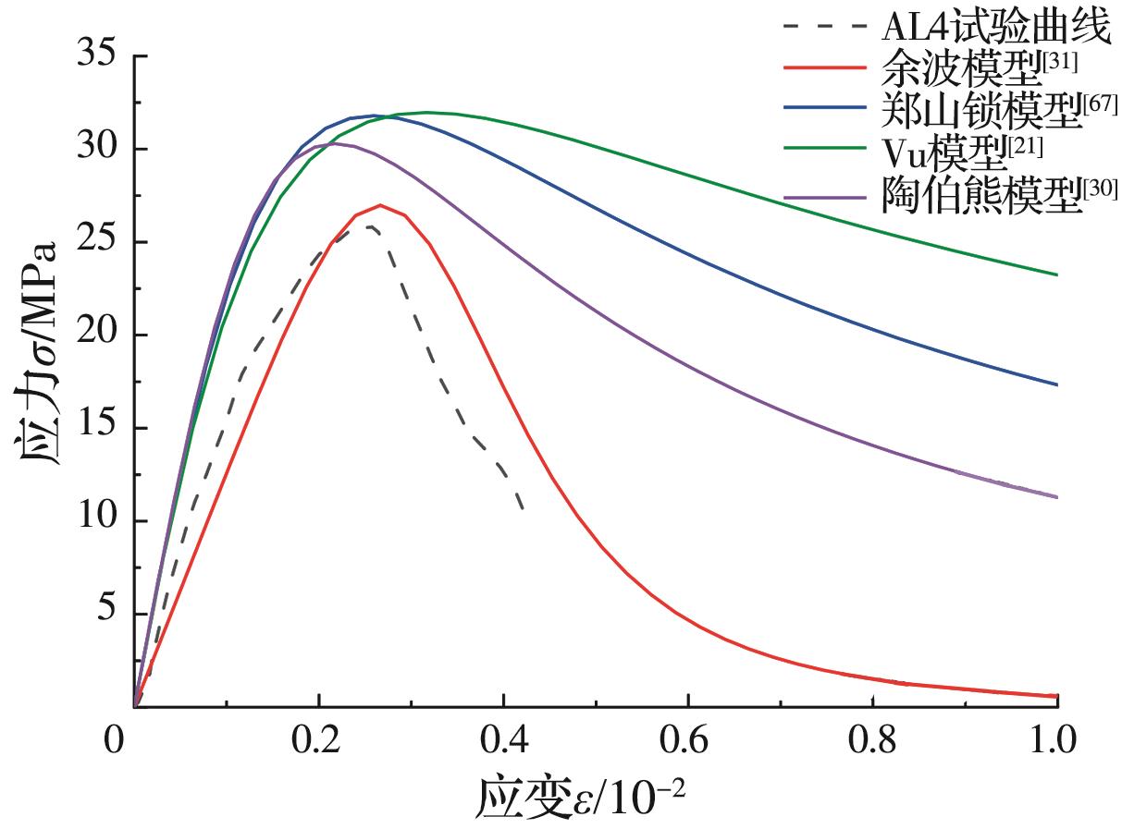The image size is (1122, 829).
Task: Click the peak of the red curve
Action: pos(379,205)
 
